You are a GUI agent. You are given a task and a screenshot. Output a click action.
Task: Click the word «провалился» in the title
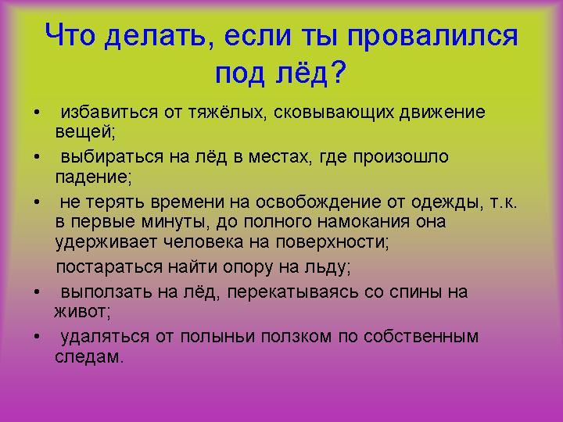pyautogui.click(x=432, y=37)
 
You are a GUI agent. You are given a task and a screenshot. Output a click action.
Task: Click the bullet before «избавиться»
pyautogui.click(x=37, y=112)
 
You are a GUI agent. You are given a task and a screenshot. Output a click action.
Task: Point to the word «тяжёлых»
pyautogui.click(x=228, y=113)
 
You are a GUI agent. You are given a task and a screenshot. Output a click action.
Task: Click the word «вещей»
pyautogui.click(x=85, y=131)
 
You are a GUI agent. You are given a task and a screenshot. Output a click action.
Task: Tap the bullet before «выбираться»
pyautogui.click(x=37, y=157)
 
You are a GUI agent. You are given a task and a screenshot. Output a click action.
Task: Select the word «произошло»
pyautogui.click(x=400, y=158)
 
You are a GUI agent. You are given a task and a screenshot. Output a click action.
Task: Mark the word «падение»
pyautogui.click(x=93, y=177)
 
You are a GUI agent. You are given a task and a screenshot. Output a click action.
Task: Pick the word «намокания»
pyautogui.click(x=364, y=222)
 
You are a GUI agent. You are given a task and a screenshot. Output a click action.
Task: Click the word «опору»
pyautogui.click(x=248, y=268)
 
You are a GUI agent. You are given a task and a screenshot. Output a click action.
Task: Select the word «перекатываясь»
pyautogui.click(x=292, y=292)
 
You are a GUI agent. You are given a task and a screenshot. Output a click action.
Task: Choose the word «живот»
pyautogui.click(x=82, y=312)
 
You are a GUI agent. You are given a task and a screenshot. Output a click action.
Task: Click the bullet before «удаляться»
pyautogui.click(x=37, y=336)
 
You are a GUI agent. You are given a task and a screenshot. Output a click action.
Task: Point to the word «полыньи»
pyautogui.click(x=218, y=338)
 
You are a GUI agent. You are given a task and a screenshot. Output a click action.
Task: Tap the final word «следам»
pyautogui.click(x=89, y=356)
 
